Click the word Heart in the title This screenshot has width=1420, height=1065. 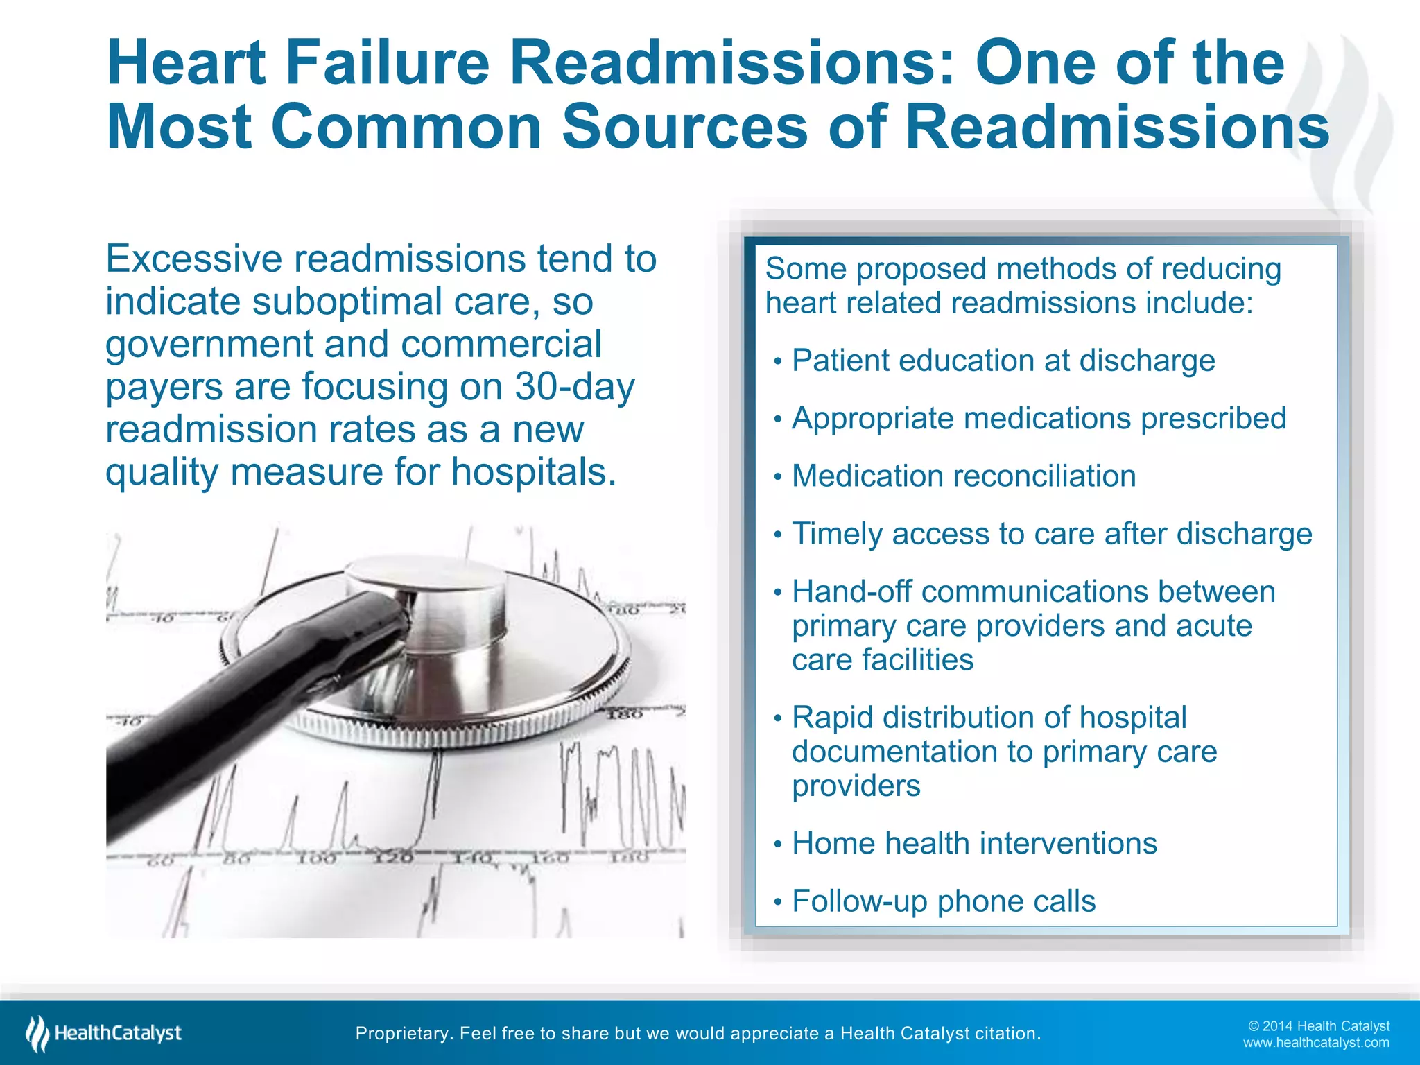[x=186, y=63]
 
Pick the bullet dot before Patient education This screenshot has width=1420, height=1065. [x=778, y=362]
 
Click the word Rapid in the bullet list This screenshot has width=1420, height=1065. [x=832, y=718]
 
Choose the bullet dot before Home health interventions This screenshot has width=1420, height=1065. [x=778, y=845]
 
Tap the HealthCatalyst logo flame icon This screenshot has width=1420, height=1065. [x=37, y=1033]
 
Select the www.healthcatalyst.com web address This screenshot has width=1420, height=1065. [x=1316, y=1043]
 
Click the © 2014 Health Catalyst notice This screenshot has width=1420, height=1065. [x=1319, y=1026]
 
